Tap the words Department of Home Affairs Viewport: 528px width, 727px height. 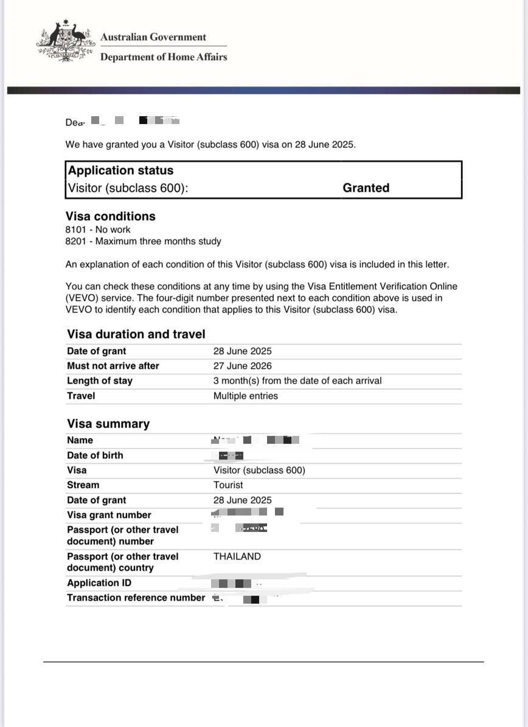tap(163, 57)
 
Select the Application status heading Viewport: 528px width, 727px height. tap(120, 171)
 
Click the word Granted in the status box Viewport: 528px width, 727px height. tap(366, 188)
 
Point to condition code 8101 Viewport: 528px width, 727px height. tap(76, 230)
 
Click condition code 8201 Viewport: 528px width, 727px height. tap(76, 241)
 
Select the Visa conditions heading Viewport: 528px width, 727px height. tap(110, 216)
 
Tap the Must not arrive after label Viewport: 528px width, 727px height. tap(113, 366)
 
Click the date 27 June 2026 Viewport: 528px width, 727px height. tap(242, 366)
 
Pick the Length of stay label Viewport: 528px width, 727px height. tap(99, 381)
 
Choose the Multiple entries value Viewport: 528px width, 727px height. tap(245, 396)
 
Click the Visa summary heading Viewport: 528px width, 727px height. tap(108, 424)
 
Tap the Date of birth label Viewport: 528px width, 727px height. tap(94, 455)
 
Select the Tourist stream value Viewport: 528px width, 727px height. tap(228, 485)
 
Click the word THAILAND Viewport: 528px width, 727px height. tap(237, 556)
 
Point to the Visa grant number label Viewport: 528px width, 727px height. tap(109, 515)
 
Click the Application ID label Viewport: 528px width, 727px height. tap(99, 583)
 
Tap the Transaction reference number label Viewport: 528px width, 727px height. tap(136, 598)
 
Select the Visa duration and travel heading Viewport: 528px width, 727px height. tap(136, 334)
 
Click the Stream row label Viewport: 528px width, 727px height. tap(83, 485)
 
